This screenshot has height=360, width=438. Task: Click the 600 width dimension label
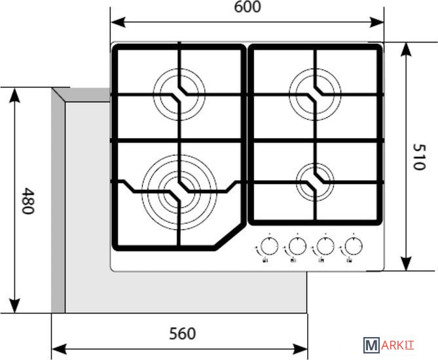[247, 7]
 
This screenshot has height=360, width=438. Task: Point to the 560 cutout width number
[182, 334]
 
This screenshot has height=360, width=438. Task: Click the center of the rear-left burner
[179, 93]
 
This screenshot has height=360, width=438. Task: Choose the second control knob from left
[296, 247]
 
